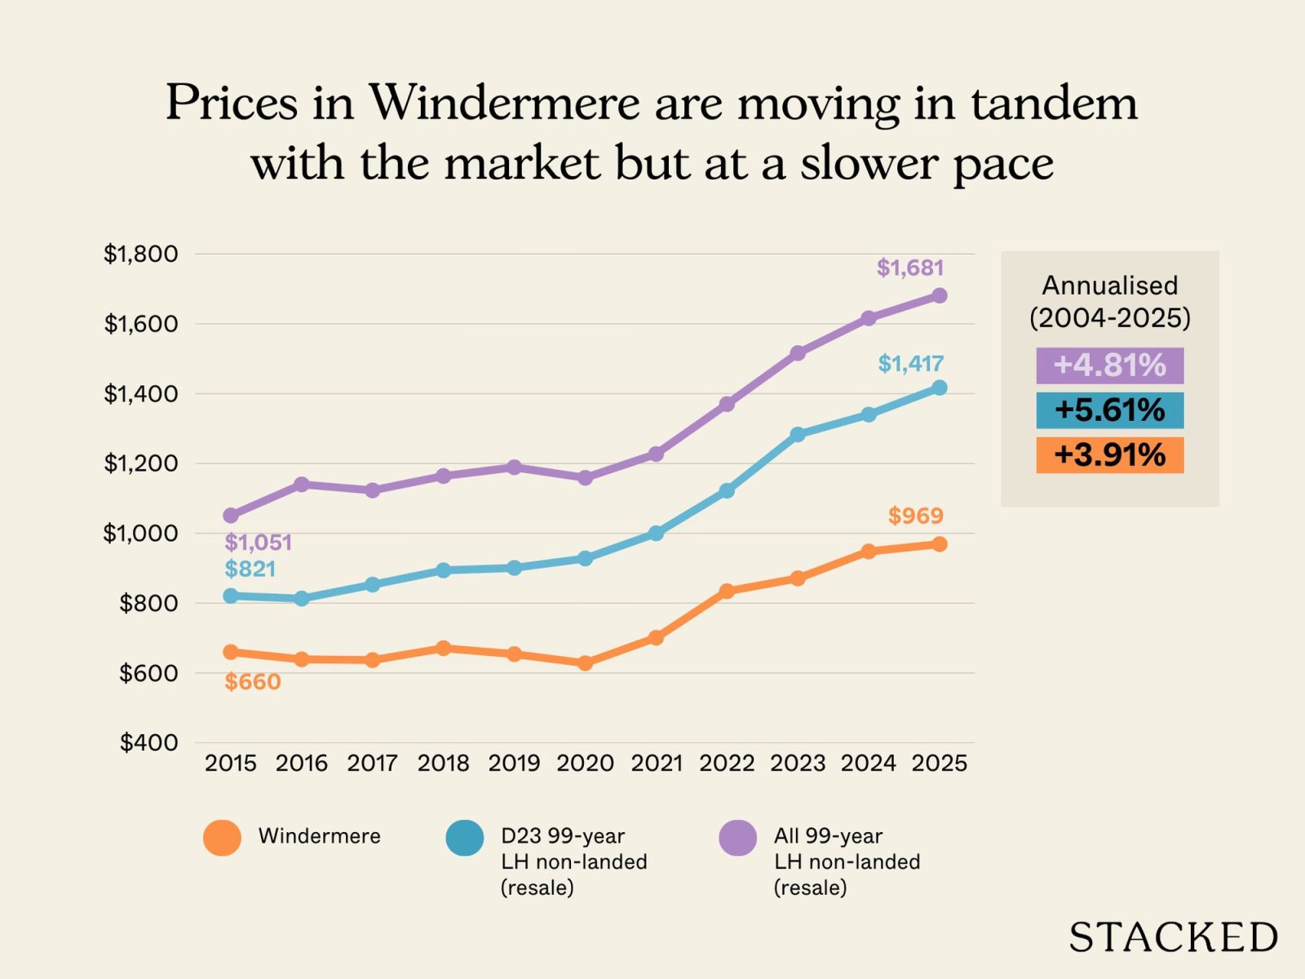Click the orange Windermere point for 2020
coord(585,663)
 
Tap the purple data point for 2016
coord(302,485)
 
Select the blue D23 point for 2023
coord(798,435)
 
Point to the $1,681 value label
coord(910,268)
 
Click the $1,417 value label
coord(910,364)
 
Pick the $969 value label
coord(915,516)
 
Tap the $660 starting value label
coord(253,682)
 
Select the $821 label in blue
coord(250,569)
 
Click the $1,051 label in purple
coord(258,543)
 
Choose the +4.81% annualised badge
coord(1109,365)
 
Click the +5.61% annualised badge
coord(1109,410)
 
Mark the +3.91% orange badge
coord(1109,455)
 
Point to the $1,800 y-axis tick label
coord(140,254)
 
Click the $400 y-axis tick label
coord(148,742)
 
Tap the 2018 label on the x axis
coord(443,764)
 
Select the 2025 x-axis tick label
coord(939,764)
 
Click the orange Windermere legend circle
coord(222,837)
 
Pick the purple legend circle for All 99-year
coord(737,838)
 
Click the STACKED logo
coord(1173,937)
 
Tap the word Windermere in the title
coord(504,104)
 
